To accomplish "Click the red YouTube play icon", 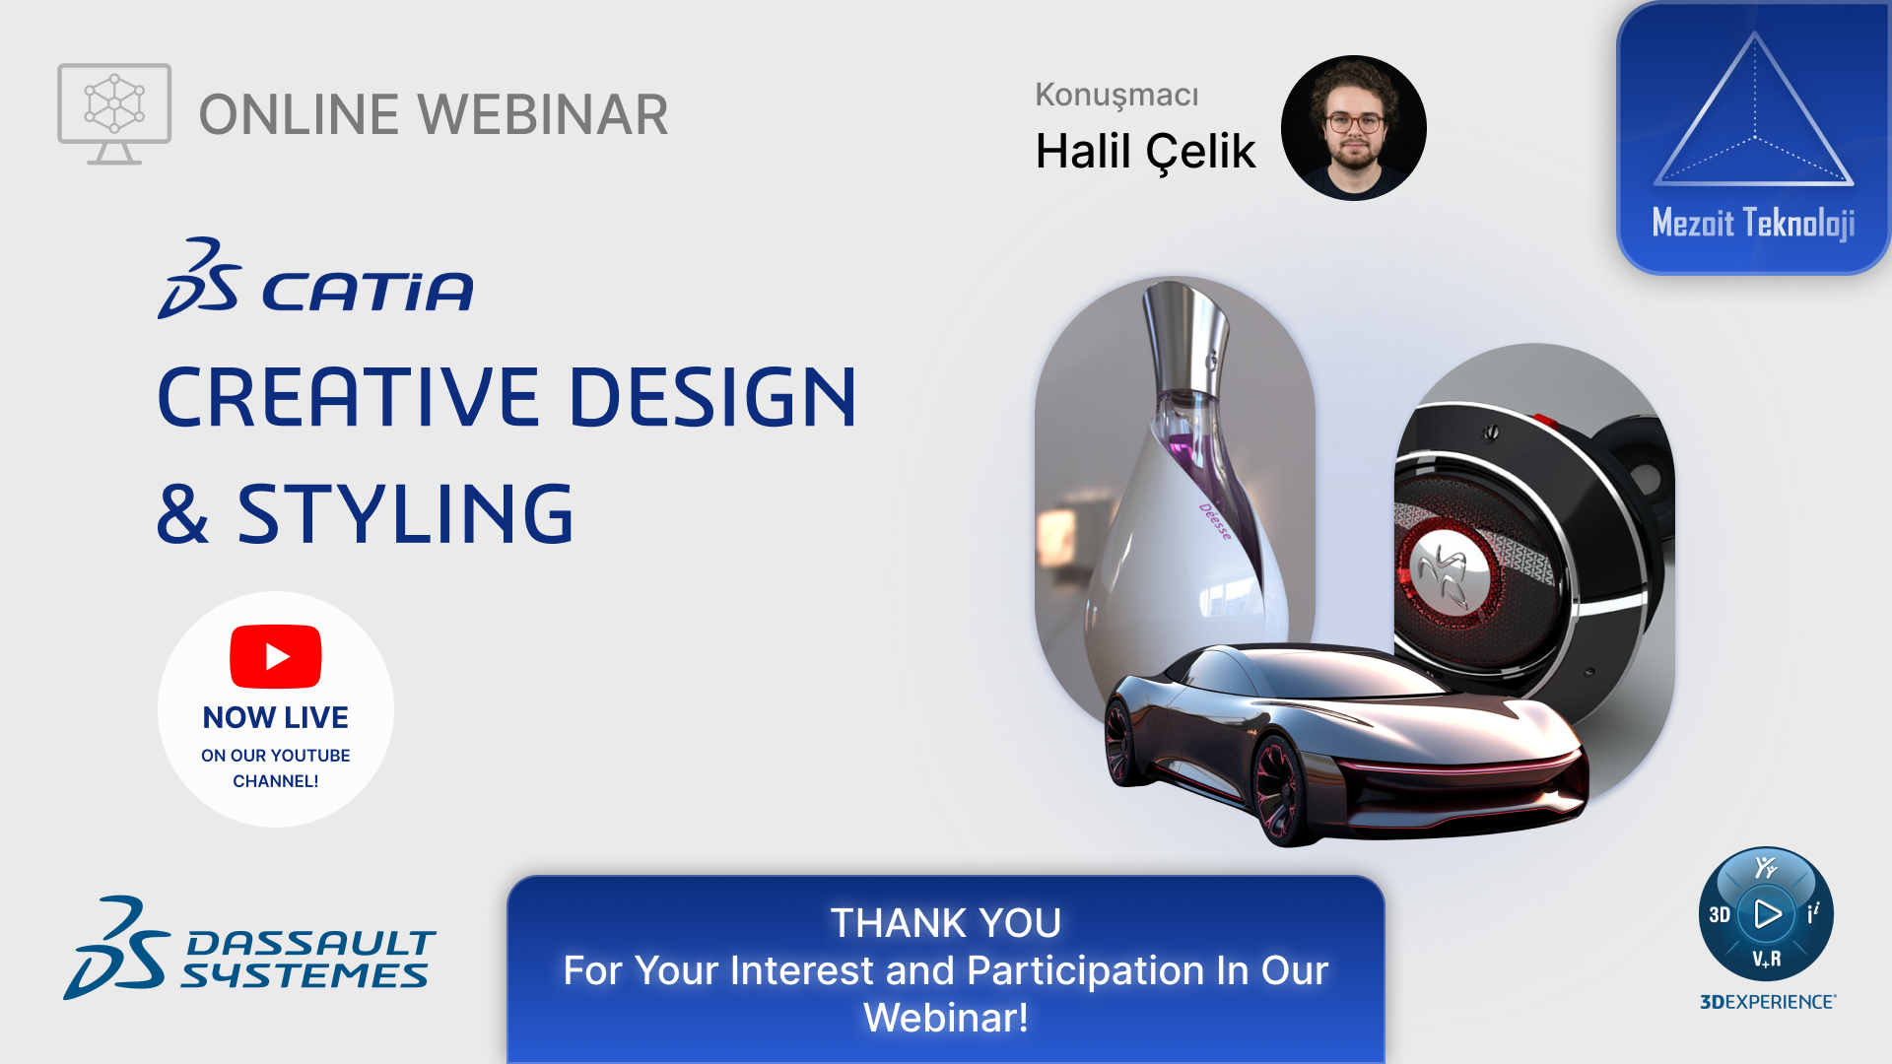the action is pyautogui.click(x=276, y=656).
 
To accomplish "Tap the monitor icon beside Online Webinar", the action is pyautogui.click(x=114, y=113).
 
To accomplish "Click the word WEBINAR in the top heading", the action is pyautogui.click(x=544, y=114).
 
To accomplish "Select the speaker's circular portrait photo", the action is pyautogui.click(x=1354, y=128).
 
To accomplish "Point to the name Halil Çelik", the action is pyautogui.click(x=1145, y=153).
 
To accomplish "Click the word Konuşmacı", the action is pyautogui.click(x=1116, y=95).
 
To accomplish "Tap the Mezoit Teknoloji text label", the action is pyautogui.click(x=1753, y=223).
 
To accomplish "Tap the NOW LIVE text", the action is pyautogui.click(x=276, y=717).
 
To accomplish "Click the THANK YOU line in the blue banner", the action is pyautogui.click(x=946, y=923).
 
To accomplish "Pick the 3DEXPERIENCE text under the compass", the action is pyautogui.click(x=1768, y=1002).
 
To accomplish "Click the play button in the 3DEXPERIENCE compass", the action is pyautogui.click(x=1767, y=914).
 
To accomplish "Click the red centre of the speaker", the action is pyautogui.click(x=1446, y=571).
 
